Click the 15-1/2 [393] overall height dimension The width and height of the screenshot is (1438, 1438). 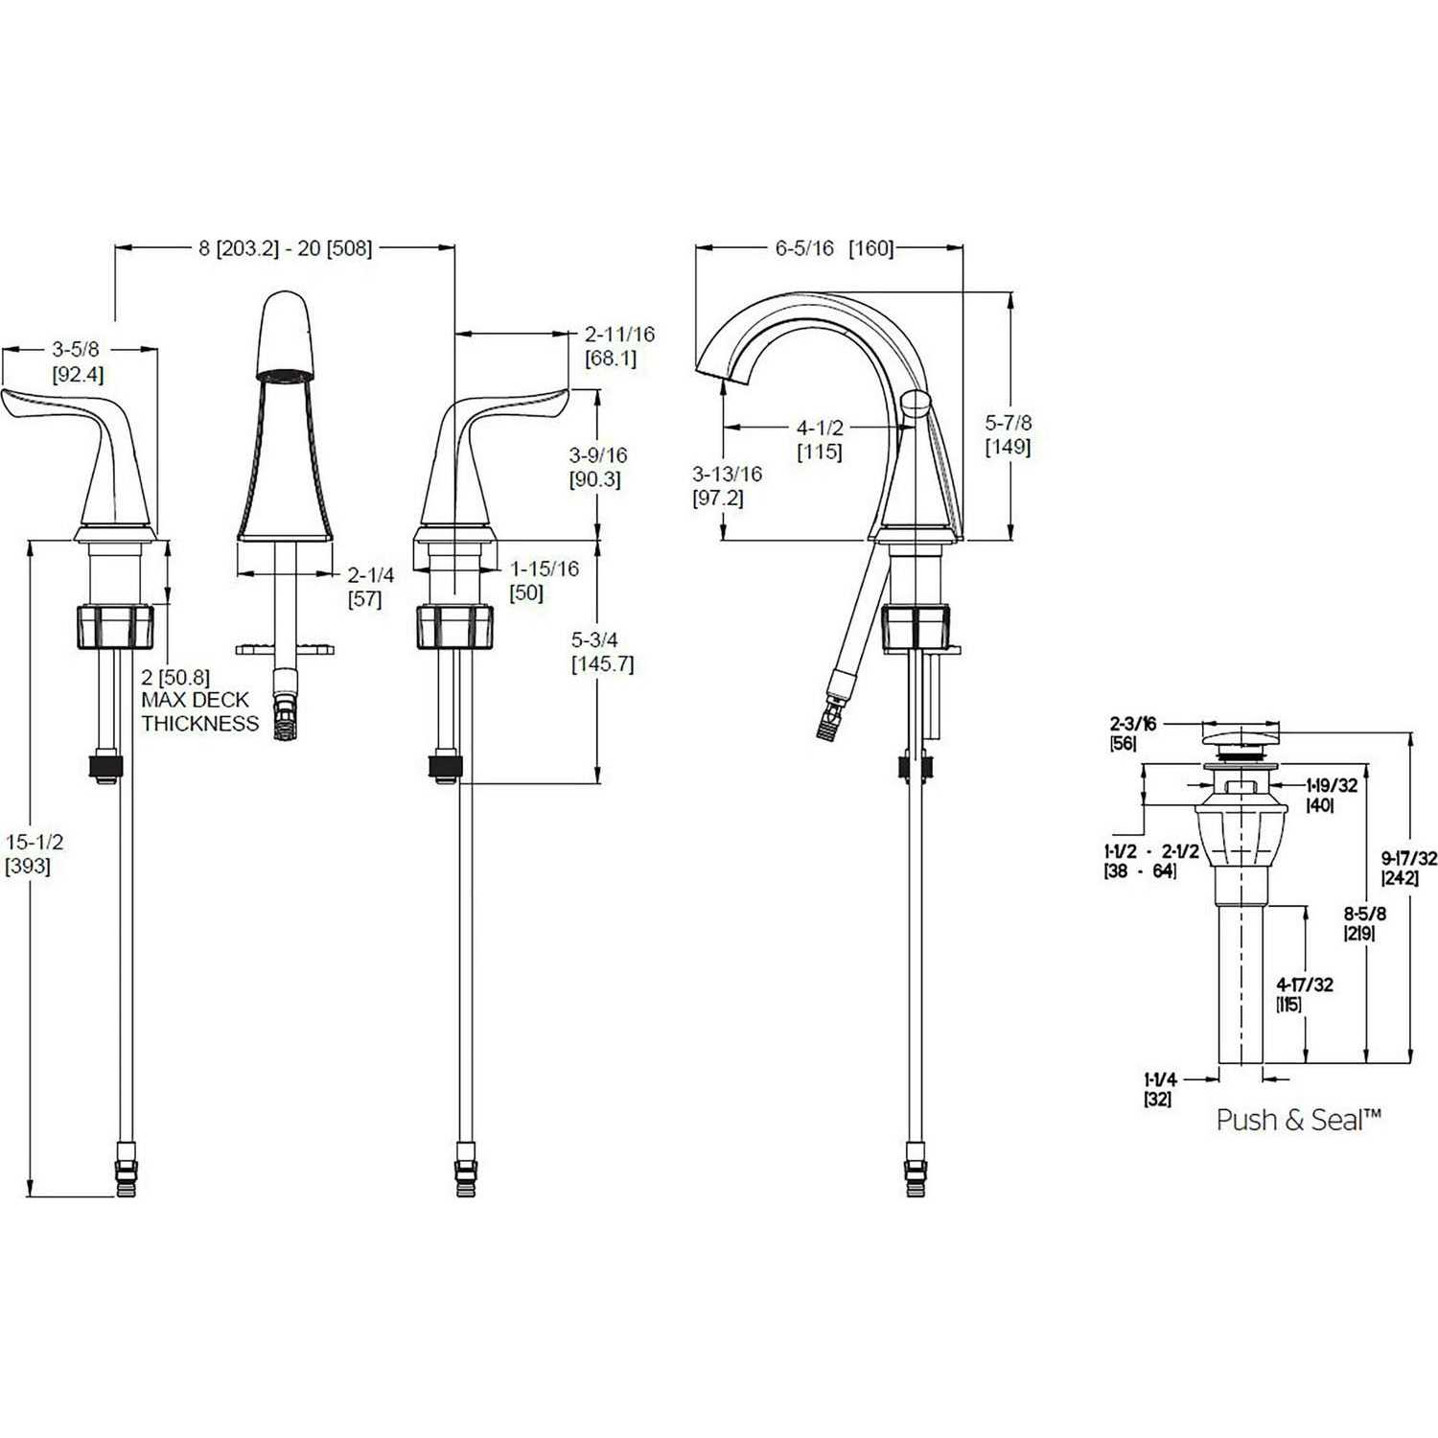pyautogui.click(x=34, y=854)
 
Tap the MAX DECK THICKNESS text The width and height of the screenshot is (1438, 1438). pyautogui.click(x=199, y=711)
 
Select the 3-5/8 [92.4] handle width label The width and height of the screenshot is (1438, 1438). pyautogui.click(x=77, y=361)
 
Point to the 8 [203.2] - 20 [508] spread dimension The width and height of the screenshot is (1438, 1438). pyautogui.click(x=285, y=248)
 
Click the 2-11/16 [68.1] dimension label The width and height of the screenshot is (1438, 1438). pyautogui.click(x=619, y=346)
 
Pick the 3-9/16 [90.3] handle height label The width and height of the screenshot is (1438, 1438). pyautogui.click(x=597, y=467)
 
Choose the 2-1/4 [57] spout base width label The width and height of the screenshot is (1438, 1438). pyautogui.click(x=370, y=587)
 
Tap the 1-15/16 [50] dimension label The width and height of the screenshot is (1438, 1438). pyautogui.click(x=544, y=580)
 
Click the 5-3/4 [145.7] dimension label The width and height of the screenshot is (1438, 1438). pyautogui.click(x=602, y=651)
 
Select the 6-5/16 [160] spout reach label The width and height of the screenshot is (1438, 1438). pyautogui.click(x=833, y=248)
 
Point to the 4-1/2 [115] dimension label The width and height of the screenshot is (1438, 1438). pyautogui.click(x=820, y=439)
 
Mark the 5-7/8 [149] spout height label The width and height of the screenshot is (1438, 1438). pyautogui.click(x=1009, y=434)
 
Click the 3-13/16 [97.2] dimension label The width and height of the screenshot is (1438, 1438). pyautogui.click(x=727, y=485)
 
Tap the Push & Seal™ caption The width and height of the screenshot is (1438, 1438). pyautogui.click(x=1298, y=1119)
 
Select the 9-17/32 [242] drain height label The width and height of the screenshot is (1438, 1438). pyautogui.click(x=1408, y=868)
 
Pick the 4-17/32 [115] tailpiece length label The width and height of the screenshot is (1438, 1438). pyautogui.click(x=1304, y=994)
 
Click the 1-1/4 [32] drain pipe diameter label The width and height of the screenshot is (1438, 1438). pyautogui.click(x=1158, y=1088)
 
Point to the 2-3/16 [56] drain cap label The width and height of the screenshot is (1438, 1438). pyautogui.click(x=1132, y=733)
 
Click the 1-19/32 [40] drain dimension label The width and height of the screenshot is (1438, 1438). pyautogui.click(x=1332, y=795)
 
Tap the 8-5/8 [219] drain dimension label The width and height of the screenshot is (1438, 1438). pyautogui.click(x=1363, y=923)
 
